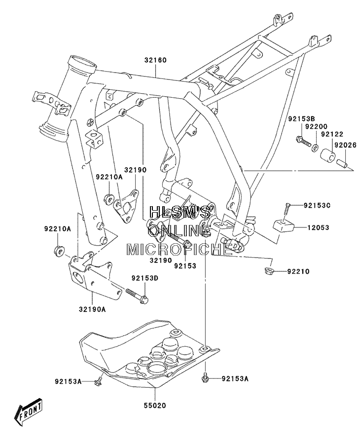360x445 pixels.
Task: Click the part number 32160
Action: click(x=155, y=60)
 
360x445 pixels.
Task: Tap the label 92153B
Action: click(x=302, y=118)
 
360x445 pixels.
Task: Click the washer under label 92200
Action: click(x=315, y=148)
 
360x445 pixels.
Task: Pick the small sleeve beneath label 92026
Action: click(x=342, y=164)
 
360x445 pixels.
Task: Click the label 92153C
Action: click(x=317, y=205)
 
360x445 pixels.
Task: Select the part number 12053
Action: click(x=318, y=227)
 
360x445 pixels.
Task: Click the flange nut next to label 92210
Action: click(x=268, y=271)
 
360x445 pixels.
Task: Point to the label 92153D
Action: click(x=144, y=278)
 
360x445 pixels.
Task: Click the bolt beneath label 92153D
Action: click(x=137, y=295)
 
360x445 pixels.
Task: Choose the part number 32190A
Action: click(x=92, y=309)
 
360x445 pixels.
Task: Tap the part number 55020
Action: click(x=155, y=406)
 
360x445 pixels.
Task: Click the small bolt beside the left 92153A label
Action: click(x=99, y=381)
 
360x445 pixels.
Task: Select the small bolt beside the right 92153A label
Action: click(x=204, y=377)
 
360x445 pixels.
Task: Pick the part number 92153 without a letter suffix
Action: click(x=185, y=265)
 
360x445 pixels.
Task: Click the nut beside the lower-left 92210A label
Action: click(x=59, y=251)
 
